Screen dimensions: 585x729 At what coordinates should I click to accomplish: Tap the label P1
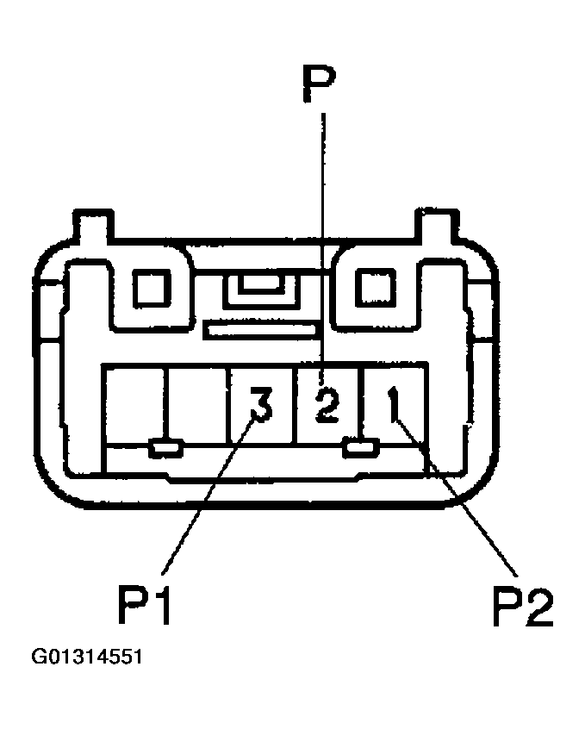146,606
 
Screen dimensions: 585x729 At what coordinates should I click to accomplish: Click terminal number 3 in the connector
259,404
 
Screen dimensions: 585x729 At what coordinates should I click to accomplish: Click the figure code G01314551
86,657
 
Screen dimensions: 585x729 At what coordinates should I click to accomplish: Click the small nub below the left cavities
165,448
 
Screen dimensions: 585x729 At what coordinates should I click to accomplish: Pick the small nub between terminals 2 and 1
359,447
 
